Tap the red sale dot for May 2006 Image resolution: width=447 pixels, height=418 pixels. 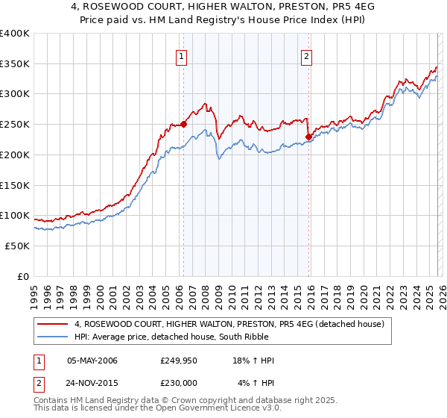(183, 125)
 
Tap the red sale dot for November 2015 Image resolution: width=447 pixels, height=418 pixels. (308, 137)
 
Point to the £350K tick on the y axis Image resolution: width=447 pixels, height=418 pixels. (15, 64)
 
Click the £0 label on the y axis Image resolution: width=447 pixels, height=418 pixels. (22, 276)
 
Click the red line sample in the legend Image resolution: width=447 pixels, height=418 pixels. (53, 324)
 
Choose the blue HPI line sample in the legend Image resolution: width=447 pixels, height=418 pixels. (53, 337)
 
